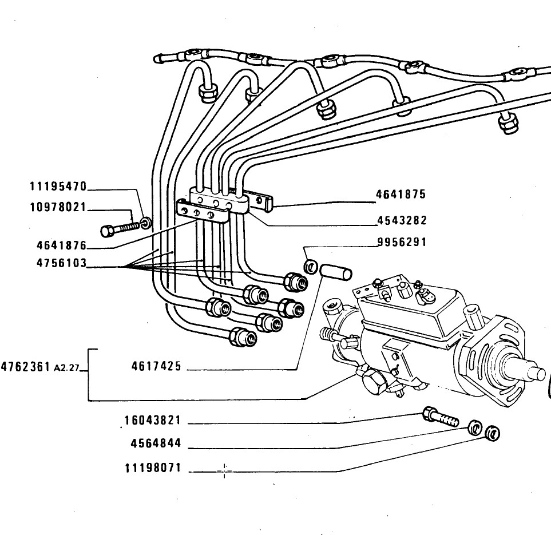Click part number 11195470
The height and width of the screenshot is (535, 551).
click(58, 187)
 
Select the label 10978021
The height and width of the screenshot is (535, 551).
click(58, 207)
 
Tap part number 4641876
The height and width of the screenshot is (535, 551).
click(61, 245)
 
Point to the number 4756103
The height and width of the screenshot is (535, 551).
click(61, 263)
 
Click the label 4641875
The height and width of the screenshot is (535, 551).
click(401, 194)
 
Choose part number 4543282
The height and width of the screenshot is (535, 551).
click(402, 220)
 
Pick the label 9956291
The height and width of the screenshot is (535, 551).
click(402, 242)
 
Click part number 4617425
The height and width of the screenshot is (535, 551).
click(156, 366)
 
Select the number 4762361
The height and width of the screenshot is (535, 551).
click(26, 367)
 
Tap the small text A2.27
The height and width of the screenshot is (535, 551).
click(67, 368)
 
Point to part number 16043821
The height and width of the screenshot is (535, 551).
click(153, 420)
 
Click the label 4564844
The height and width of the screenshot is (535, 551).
click(156, 443)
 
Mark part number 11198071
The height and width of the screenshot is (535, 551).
click(153, 468)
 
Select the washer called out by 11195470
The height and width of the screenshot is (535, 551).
click(146, 223)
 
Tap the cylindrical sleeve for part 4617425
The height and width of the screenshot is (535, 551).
click(336, 272)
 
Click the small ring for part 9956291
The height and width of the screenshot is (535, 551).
click(311, 267)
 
